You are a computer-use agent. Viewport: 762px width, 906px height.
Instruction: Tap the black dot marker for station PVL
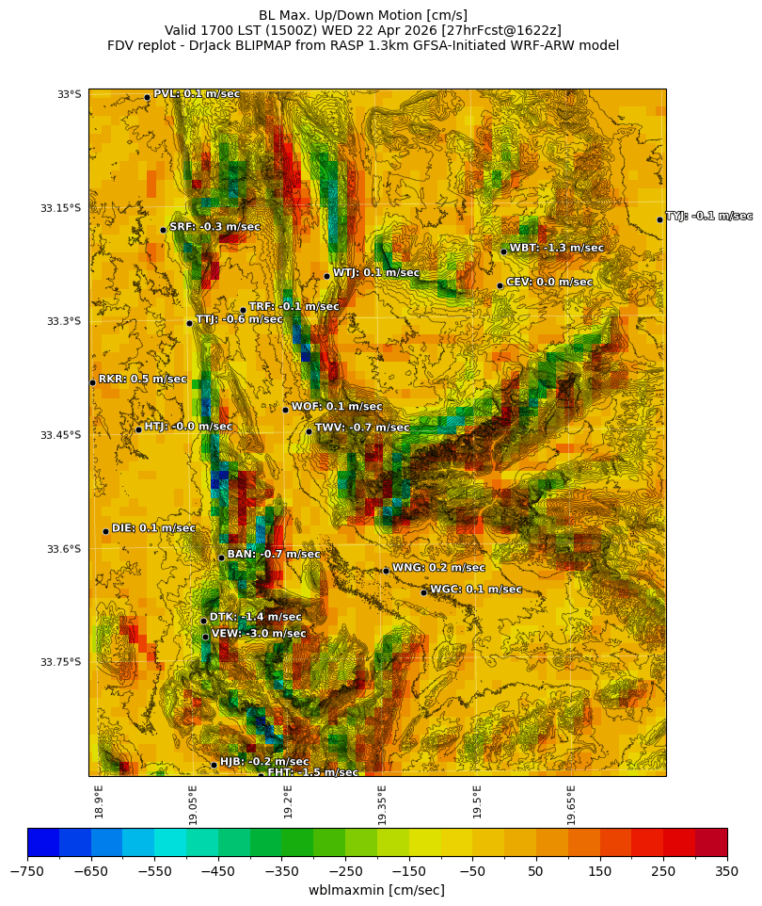(147, 97)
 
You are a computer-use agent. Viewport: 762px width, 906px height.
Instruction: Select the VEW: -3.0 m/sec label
(259, 634)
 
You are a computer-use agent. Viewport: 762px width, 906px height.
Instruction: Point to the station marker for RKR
(92, 382)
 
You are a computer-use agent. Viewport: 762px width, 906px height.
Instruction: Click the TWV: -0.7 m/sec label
(362, 429)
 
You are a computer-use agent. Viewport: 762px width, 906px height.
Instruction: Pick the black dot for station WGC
(423, 592)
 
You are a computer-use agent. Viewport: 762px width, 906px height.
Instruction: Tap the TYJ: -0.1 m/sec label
(708, 217)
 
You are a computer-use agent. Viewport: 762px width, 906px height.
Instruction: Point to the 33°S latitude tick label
(69, 94)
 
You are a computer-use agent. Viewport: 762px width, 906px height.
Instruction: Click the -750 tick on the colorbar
(28, 870)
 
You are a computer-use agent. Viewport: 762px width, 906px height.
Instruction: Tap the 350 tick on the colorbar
(727, 870)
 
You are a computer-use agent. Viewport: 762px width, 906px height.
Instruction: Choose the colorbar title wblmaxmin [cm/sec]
(376, 890)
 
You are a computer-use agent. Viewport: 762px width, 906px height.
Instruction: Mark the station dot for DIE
(105, 531)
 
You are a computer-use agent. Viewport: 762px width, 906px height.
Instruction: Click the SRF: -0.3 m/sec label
(214, 227)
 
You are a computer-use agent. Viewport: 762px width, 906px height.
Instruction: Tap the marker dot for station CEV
(500, 285)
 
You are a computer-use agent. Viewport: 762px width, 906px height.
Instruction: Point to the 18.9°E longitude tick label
(99, 801)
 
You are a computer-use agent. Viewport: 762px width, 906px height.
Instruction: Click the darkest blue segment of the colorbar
(43, 842)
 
